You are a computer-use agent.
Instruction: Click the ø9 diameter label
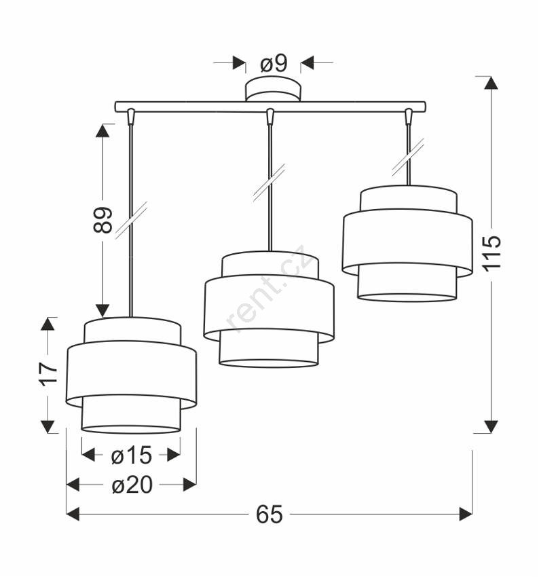coord(274,64)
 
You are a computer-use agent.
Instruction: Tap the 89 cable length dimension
coord(103,220)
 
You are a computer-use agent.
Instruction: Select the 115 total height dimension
coord(491,254)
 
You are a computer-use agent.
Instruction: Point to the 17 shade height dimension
coord(49,374)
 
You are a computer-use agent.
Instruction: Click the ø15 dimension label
coord(131,455)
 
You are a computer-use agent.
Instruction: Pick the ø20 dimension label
coord(132,485)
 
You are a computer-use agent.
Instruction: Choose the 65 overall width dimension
coord(269,514)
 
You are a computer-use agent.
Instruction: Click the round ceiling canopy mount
coord(273,89)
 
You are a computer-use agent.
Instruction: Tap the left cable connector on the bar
coord(130,116)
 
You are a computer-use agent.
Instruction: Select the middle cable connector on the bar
coord(270,116)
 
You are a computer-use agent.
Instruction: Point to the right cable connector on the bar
coord(408,116)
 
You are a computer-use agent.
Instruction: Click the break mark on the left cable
coord(131,220)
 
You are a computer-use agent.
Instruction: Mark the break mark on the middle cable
coord(269,183)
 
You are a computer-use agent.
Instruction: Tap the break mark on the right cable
coord(408,157)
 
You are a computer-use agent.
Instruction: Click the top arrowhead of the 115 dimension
coord(491,83)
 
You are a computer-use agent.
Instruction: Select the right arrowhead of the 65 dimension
coord(466,514)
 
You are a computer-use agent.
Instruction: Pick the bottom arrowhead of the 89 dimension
coord(103,310)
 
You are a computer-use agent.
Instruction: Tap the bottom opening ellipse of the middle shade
coord(269,363)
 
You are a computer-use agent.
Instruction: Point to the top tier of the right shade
coord(409,199)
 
